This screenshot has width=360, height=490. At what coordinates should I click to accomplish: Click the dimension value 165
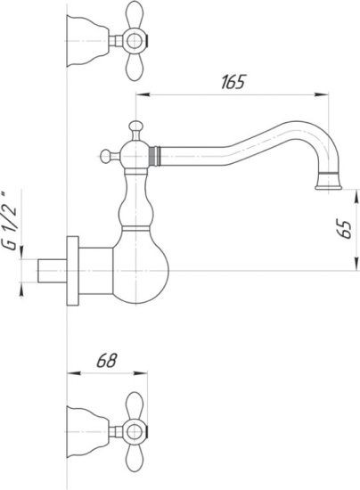pos(233,82)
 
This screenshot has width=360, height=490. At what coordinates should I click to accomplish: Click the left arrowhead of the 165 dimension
pos(139,93)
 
